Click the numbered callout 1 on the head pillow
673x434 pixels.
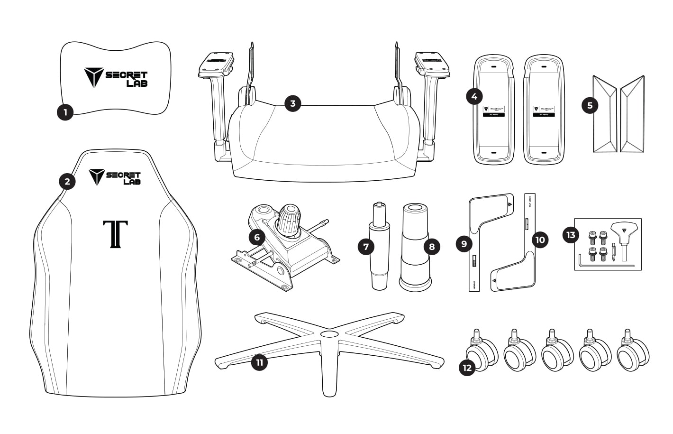(x=65, y=112)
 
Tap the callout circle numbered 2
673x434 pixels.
(x=67, y=181)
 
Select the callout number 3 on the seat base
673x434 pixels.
(x=293, y=103)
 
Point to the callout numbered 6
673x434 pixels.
(x=257, y=237)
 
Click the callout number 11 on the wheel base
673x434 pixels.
(x=259, y=363)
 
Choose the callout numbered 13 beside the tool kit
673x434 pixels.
(x=571, y=235)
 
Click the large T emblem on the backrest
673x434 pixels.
(x=115, y=234)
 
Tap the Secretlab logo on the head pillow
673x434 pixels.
(x=116, y=77)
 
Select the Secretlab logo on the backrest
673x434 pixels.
(x=115, y=176)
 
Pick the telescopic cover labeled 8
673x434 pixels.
(x=415, y=247)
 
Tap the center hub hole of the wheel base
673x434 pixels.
(x=327, y=334)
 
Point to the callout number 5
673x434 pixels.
(x=590, y=105)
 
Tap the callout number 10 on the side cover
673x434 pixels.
(x=540, y=240)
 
